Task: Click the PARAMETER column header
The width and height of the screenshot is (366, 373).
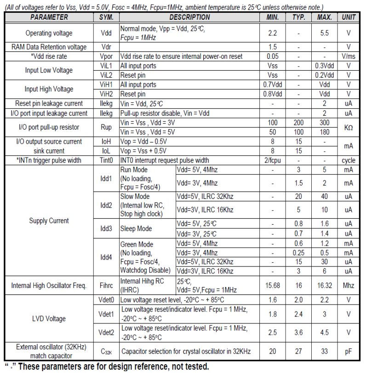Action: click(49, 17)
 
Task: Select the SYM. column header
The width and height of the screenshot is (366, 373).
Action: click(106, 17)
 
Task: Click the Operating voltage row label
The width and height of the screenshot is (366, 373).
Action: click(49, 33)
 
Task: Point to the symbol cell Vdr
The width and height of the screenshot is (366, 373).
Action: click(106, 47)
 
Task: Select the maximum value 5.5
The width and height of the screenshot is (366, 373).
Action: click(325, 33)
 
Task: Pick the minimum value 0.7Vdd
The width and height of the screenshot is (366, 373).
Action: click(272, 85)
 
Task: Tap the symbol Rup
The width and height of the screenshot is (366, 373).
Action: click(106, 127)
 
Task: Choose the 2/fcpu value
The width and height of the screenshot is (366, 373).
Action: click(272, 160)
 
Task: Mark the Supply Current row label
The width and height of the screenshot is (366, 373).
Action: click(49, 221)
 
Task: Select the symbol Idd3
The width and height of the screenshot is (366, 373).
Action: click(106, 228)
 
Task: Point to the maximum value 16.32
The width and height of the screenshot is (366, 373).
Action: click(325, 285)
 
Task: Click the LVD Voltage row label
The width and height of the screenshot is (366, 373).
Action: click(49, 319)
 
